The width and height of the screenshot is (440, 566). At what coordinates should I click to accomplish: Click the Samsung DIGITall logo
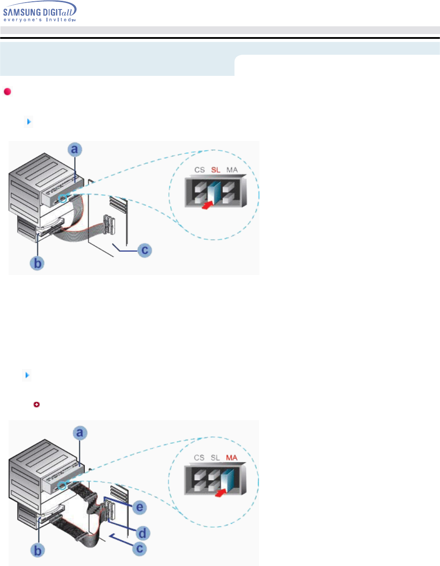pyautogui.click(x=40, y=12)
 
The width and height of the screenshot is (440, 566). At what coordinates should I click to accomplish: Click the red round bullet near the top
pyautogui.click(x=7, y=91)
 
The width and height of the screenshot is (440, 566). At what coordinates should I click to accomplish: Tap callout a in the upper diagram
pyautogui.click(x=75, y=150)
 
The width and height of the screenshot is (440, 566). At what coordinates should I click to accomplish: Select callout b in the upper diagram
pyautogui.click(x=38, y=263)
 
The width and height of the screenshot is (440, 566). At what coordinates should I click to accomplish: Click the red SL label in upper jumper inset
pyautogui.click(x=216, y=170)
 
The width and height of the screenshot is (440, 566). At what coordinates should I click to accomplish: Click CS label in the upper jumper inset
pyautogui.click(x=200, y=170)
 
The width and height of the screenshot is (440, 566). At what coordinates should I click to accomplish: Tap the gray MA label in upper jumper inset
pyautogui.click(x=232, y=170)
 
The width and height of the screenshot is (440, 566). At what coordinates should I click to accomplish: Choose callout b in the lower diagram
pyautogui.click(x=38, y=550)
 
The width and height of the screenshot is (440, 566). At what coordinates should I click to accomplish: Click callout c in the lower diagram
pyautogui.click(x=140, y=549)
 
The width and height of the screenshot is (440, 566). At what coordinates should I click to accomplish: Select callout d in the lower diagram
pyautogui.click(x=143, y=532)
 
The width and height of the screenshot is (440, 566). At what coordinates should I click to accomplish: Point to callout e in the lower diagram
pyautogui.click(x=140, y=507)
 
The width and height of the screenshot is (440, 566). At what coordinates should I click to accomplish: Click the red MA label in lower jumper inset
pyautogui.click(x=232, y=457)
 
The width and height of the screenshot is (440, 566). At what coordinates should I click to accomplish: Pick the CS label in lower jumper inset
pyautogui.click(x=199, y=457)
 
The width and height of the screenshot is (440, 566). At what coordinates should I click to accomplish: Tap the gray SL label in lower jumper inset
pyautogui.click(x=215, y=457)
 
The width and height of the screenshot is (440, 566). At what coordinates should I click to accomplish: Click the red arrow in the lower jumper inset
pyautogui.click(x=222, y=492)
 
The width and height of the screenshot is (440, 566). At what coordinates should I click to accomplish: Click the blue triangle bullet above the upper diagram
pyautogui.click(x=28, y=122)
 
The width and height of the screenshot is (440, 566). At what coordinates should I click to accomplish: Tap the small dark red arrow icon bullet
pyautogui.click(x=37, y=404)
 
